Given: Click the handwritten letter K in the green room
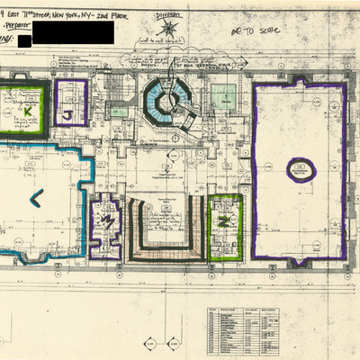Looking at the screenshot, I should tap(27, 109).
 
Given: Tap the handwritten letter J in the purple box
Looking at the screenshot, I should tap(68, 114).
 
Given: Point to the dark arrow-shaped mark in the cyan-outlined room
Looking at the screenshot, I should tap(36, 197).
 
